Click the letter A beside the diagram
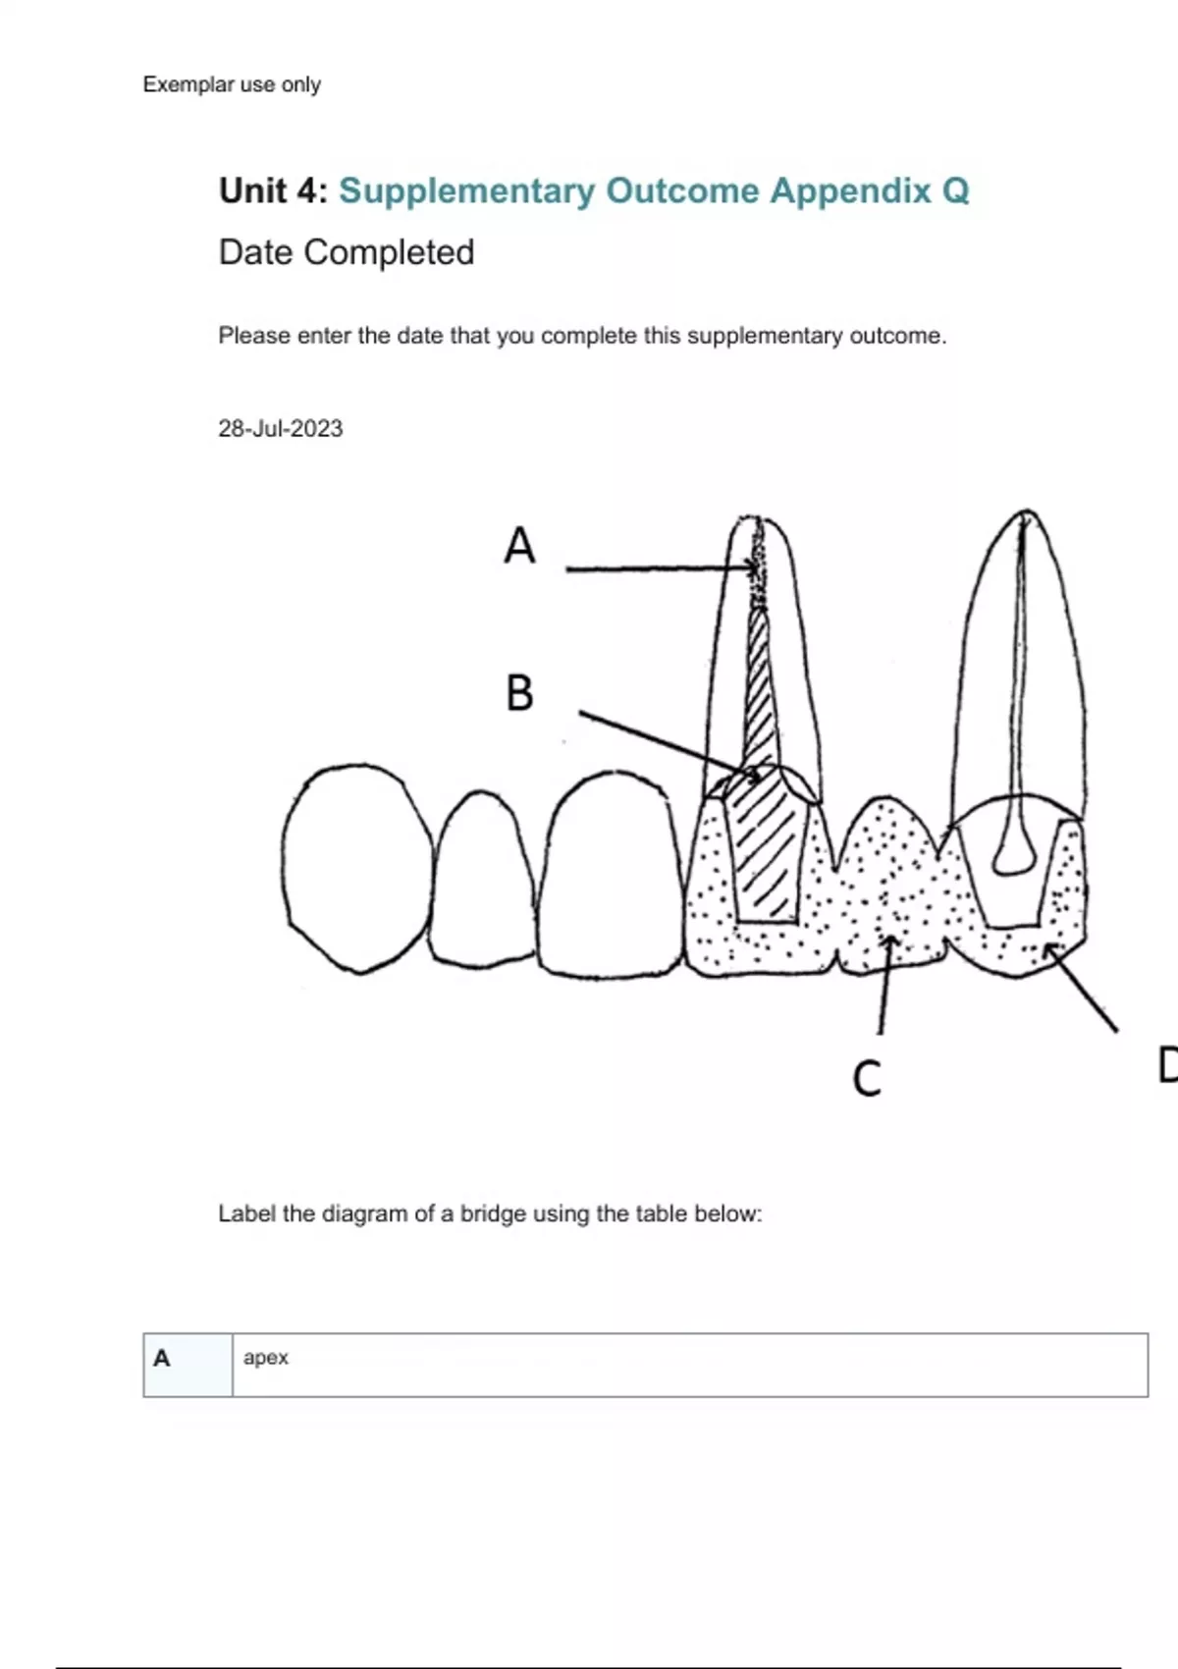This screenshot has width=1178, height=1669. [519, 545]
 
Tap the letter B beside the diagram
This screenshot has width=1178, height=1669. [519, 693]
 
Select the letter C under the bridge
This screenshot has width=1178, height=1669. [867, 1078]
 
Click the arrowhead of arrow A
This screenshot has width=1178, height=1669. [753, 567]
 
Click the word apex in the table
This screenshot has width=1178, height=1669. [266, 1358]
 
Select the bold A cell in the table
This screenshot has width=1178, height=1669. [162, 1359]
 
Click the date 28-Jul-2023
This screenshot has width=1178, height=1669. [280, 429]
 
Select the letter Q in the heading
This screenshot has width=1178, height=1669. [955, 190]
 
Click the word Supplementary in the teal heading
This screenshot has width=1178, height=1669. [466, 190]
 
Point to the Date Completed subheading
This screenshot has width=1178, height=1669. [347, 252]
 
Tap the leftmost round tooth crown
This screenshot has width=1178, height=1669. [357, 868]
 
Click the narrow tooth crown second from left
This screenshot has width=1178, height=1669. [483, 879]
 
